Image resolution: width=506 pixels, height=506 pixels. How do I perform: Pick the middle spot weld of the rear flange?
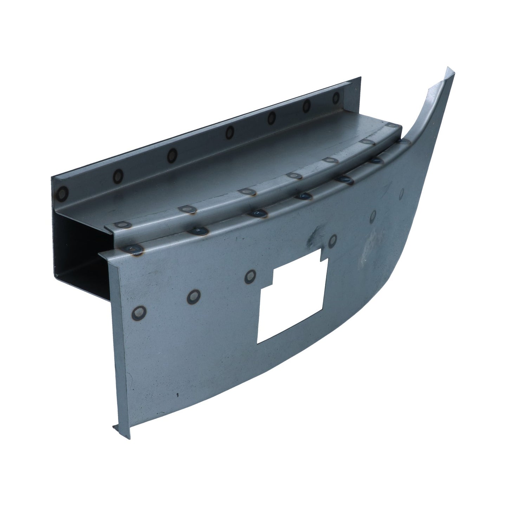click(230, 132)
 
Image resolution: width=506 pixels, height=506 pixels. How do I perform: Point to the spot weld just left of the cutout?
click(250, 277)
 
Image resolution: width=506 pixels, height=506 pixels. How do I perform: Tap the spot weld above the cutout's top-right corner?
click(332, 240)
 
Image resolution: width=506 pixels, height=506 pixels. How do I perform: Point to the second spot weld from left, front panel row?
click(193, 296)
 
